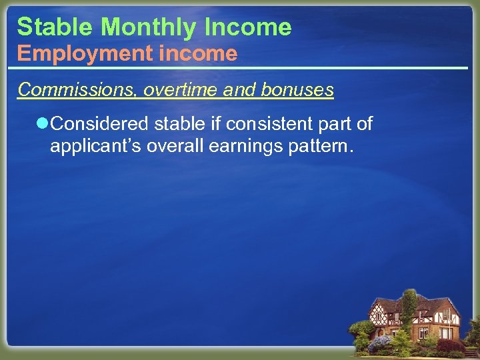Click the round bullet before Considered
pyautogui.click(x=43, y=123)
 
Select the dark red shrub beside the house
pyautogui.click(x=447, y=345)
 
